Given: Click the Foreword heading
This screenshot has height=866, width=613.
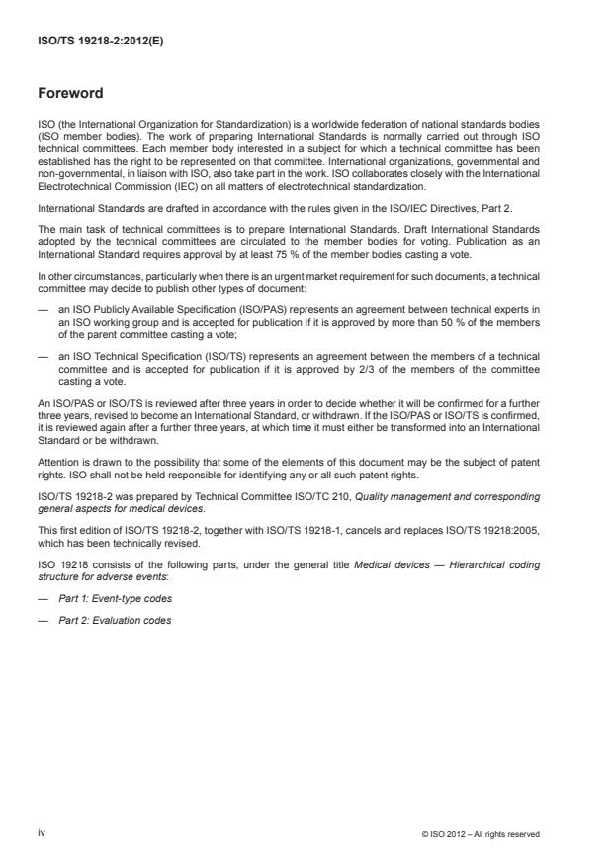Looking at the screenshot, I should (x=70, y=95).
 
